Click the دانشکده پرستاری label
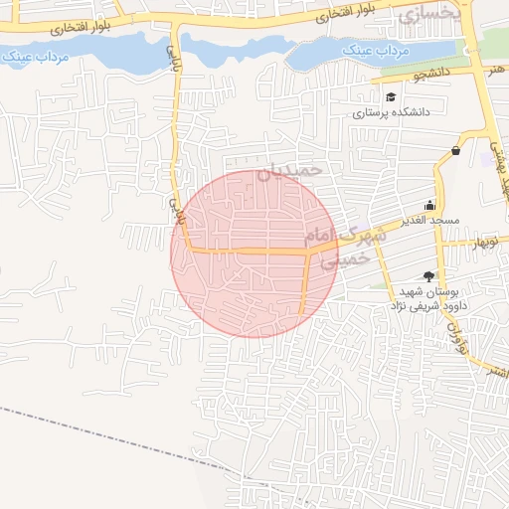coord(393,113)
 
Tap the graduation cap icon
coord(392,97)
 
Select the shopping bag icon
coord(455,151)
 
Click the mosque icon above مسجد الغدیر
coord(430,204)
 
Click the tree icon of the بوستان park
coord(429,276)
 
